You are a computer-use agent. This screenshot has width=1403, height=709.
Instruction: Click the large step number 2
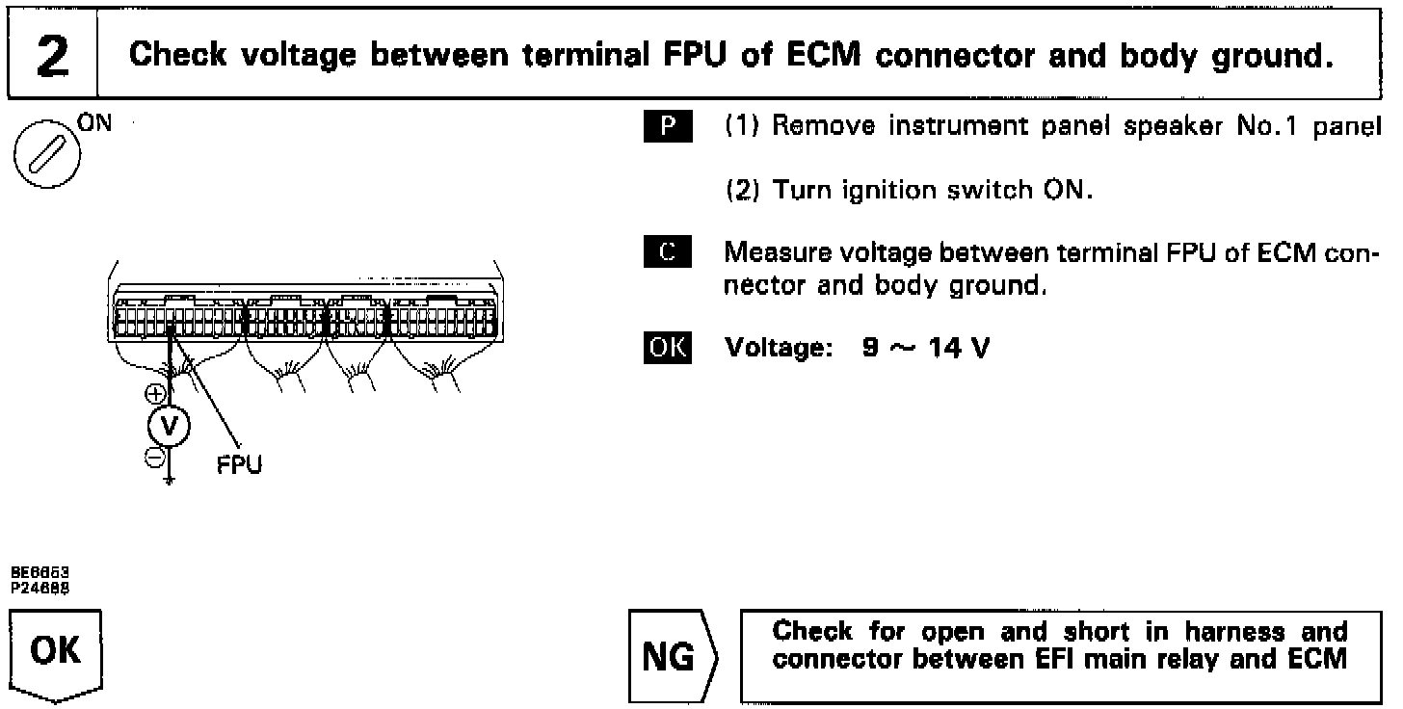click(x=53, y=56)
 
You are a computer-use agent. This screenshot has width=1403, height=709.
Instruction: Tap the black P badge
click(x=668, y=126)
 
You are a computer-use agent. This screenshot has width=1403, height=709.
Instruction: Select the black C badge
click(x=668, y=251)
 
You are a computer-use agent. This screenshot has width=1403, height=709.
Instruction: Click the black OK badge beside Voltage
click(x=668, y=348)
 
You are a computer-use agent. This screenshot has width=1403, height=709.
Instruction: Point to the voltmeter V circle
click(x=169, y=426)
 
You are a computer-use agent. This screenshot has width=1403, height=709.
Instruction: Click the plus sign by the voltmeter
click(x=155, y=394)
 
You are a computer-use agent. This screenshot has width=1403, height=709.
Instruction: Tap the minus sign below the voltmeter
click(x=154, y=458)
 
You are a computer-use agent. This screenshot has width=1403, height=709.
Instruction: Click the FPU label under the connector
click(x=239, y=464)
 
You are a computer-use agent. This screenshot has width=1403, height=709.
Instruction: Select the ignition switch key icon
click(x=47, y=155)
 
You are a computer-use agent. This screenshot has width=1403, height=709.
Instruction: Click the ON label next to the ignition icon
click(x=94, y=123)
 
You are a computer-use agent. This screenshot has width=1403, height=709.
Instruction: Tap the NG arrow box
click(x=674, y=656)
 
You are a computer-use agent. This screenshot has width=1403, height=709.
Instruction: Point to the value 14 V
click(x=959, y=348)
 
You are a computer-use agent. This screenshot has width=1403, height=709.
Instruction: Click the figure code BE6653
click(x=40, y=572)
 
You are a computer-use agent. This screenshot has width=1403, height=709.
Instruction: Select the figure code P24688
click(x=40, y=588)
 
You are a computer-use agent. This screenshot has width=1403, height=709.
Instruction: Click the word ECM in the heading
click(x=823, y=55)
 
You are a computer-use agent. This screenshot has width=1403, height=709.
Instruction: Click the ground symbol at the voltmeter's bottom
click(x=169, y=481)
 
